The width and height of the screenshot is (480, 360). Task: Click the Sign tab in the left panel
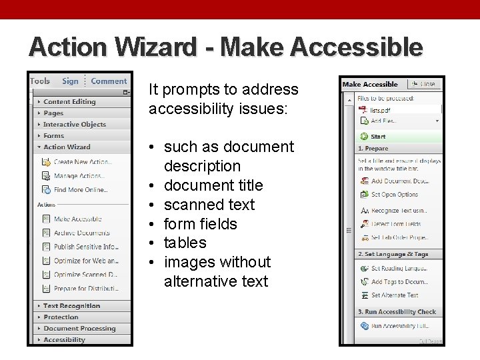click(x=70, y=81)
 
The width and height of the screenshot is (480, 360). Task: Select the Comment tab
click(x=109, y=81)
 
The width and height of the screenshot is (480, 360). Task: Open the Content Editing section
click(x=69, y=102)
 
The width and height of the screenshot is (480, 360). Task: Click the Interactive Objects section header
click(x=74, y=125)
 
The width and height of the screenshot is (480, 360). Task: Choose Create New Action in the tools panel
click(x=83, y=161)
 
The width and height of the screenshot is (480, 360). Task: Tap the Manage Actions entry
click(x=79, y=176)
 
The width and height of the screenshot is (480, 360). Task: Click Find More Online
click(x=80, y=190)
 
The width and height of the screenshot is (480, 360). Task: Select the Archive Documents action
click(x=81, y=233)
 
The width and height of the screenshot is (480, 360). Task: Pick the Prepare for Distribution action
click(x=86, y=289)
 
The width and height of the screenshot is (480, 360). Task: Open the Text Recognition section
click(x=71, y=306)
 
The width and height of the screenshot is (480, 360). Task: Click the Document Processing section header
click(x=79, y=329)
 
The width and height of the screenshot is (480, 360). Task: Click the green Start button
click(x=378, y=137)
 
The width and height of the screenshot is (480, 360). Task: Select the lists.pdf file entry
click(x=380, y=110)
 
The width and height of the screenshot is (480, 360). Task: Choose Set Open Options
click(x=395, y=195)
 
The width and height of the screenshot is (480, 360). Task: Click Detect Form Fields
click(x=395, y=224)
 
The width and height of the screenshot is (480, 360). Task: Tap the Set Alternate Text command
click(x=395, y=295)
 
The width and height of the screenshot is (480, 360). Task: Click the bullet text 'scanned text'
click(x=209, y=204)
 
